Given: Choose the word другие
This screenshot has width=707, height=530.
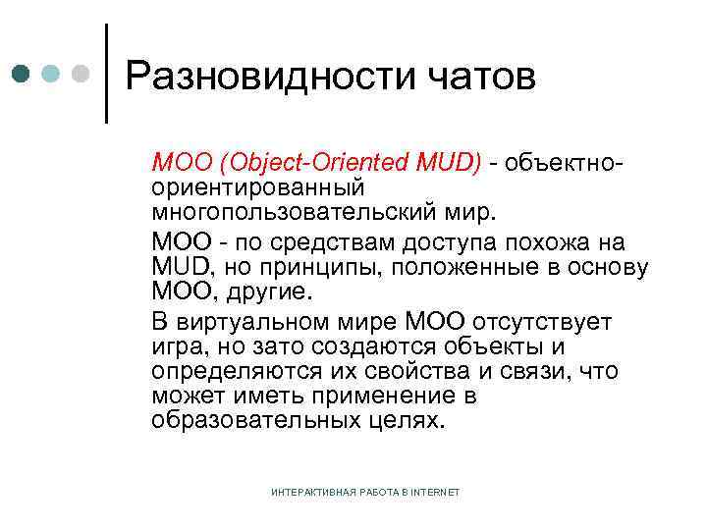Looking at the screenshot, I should click(266, 292).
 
